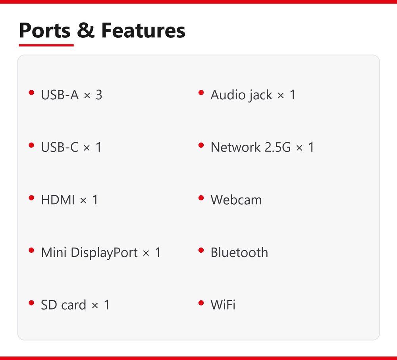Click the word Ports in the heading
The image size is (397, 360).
[x=44, y=31]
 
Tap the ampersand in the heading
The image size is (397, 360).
[x=86, y=31]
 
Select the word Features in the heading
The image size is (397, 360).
[x=143, y=31]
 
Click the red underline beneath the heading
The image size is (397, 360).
[x=46, y=45]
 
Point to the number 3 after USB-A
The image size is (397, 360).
[x=99, y=95]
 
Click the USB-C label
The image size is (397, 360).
[x=60, y=147]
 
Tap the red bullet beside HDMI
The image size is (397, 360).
[x=31, y=198]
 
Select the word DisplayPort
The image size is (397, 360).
[x=104, y=253]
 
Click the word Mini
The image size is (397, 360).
[x=54, y=252]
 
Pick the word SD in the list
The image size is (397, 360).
[x=49, y=305]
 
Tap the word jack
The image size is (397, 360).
[x=260, y=95]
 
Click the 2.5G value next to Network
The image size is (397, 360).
[x=278, y=147]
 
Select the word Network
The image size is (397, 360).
[x=235, y=147]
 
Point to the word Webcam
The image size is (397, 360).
[x=236, y=199]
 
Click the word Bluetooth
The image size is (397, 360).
[x=239, y=252]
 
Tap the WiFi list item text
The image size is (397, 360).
[x=223, y=305]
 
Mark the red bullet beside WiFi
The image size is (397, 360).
[x=201, y=303]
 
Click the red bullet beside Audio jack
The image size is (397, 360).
[x=201, y=93]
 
